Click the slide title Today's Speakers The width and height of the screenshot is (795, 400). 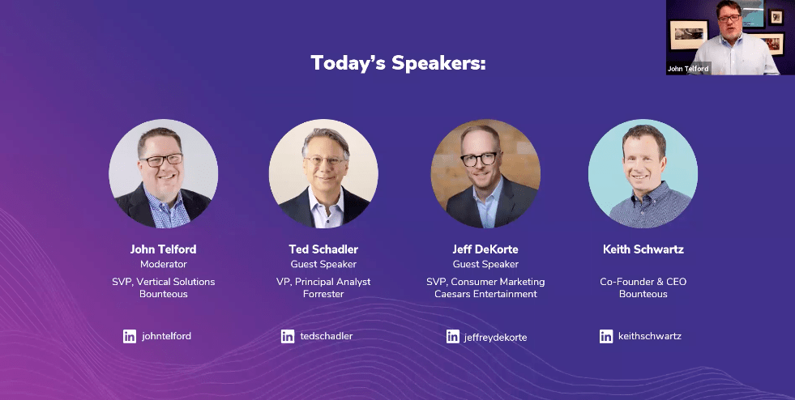click(398, 63)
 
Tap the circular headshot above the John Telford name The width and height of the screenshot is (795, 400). click(163, 173)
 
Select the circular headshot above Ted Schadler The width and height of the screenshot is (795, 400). click(323, 173)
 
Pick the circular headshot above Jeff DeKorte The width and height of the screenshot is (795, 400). click(485, 173)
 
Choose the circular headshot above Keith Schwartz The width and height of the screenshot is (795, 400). click(643, 173)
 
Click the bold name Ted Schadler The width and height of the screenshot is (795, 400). click(323, 249)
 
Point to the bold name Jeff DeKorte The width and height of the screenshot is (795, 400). click(485, 249)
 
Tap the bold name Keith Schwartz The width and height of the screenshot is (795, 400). click(643, 249)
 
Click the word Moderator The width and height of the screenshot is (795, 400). click(163, 264)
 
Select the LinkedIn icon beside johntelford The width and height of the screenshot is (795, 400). click(130, 336)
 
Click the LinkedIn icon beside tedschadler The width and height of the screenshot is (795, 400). click(288, 336)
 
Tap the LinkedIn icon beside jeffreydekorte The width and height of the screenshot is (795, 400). click(453, 336)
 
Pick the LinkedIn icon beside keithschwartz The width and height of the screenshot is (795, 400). click(606, 336)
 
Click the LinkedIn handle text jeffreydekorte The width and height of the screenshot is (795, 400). click(495, 338)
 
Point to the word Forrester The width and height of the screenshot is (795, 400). click(323, 294)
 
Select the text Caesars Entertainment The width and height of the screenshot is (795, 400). click(485, 294)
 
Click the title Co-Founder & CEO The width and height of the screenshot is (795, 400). click(643, 282)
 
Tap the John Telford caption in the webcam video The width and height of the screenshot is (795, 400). click(688, 69)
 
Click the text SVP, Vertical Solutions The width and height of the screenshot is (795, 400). click(163, 282)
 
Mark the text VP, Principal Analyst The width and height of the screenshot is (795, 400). click(323, 282)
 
